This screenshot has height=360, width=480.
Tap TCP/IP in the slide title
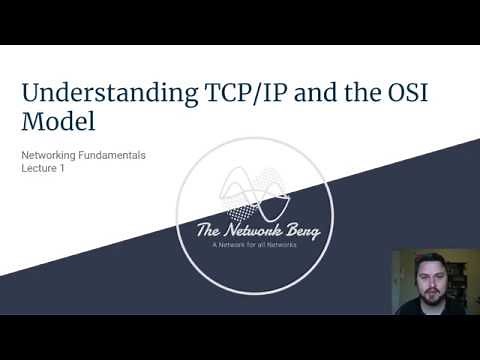[216, 94]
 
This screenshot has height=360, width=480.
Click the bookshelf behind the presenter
[464, 275]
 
